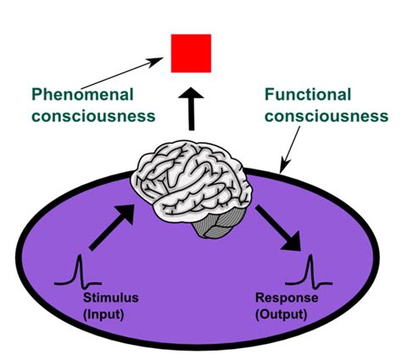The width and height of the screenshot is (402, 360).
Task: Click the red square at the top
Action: (191, 53)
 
